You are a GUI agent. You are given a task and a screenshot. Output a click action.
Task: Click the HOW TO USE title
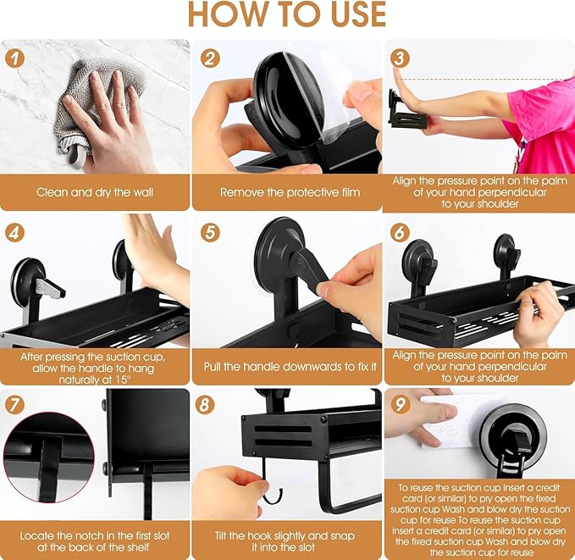286,15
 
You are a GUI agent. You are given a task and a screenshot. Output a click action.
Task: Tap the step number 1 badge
14,58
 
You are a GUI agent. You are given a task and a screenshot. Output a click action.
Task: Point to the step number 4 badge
14,231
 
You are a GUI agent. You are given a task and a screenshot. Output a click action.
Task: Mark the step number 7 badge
14,405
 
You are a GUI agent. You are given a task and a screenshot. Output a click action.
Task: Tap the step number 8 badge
206,405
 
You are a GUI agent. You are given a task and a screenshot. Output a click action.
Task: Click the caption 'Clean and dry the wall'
95,192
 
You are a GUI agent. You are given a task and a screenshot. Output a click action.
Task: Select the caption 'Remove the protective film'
286,192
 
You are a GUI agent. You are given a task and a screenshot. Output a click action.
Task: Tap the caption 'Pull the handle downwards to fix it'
286,366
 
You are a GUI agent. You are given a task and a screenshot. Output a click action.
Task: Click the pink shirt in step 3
546,119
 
